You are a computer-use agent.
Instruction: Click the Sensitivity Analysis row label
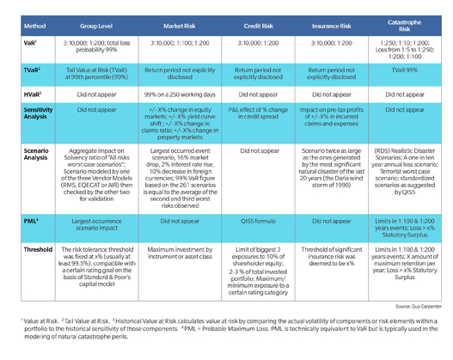point(31,115)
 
